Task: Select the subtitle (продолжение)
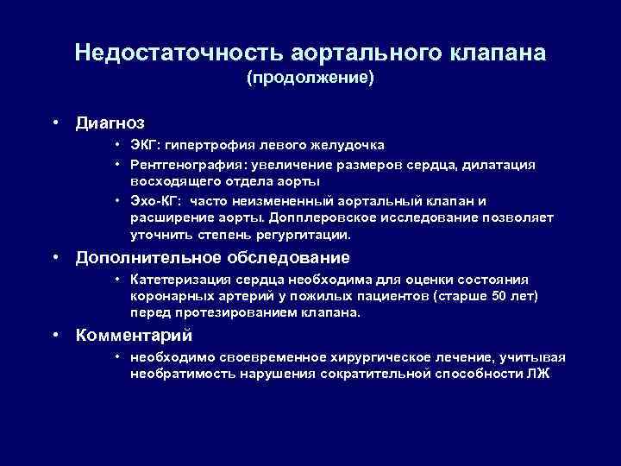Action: pyautogui.click(x=310, y=79)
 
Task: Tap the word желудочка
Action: pyautogui.click(x=343, y=144)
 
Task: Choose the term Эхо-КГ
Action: pyautogui.click(x=153, y=200)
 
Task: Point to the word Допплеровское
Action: pyautogui.click(x=363, y=217)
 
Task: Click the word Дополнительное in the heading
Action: pyautogui.click(x=150, y=257)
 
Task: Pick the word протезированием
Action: pyautogui.click(x=227, y=313)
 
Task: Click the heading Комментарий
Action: pyautogui.click(x=134, y=335)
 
